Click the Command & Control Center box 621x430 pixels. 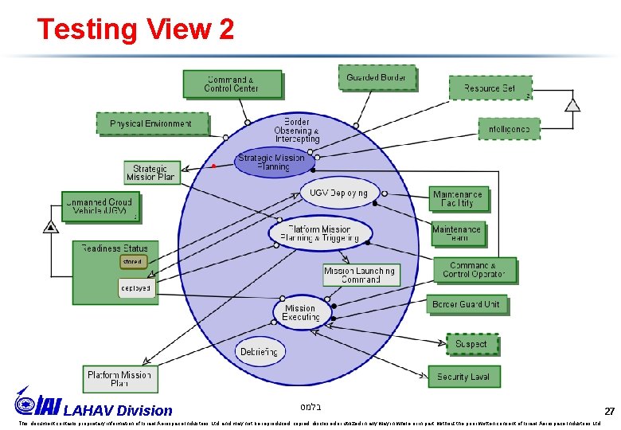[x=232, y=84]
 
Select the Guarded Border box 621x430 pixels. [x=376, y=78]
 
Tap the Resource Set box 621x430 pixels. [x=490, y=88]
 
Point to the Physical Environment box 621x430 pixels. [x=151, y=123]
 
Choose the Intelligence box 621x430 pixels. [x=509, y=128]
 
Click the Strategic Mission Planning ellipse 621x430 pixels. [x=271, y=162]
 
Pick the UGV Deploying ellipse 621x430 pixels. [x=338, y=193]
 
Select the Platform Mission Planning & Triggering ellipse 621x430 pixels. [x=318, y=233]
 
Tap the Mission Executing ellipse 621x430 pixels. [x=300, y=313]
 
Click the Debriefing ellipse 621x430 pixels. [x=259, y=351]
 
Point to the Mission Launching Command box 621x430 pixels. [x=361, y=275]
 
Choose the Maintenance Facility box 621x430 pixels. [x=458, y=198]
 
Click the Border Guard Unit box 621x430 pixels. [x=466, y=305]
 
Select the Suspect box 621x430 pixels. [x=471, y=344]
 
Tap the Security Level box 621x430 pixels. [x=463, y=377]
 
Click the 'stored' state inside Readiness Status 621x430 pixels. [x=132, y=261]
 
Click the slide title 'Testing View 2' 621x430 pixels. [x=135, y=29]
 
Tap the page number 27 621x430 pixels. [x=609, y=412]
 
